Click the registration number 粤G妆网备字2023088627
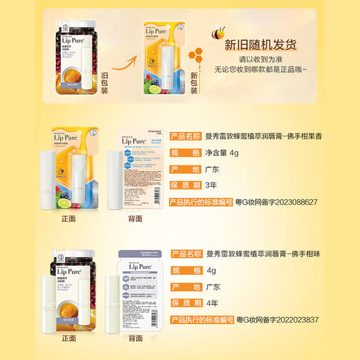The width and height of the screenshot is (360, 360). [x=276, y=202]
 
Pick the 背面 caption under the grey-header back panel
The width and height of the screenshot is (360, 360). [x=135, y=339]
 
